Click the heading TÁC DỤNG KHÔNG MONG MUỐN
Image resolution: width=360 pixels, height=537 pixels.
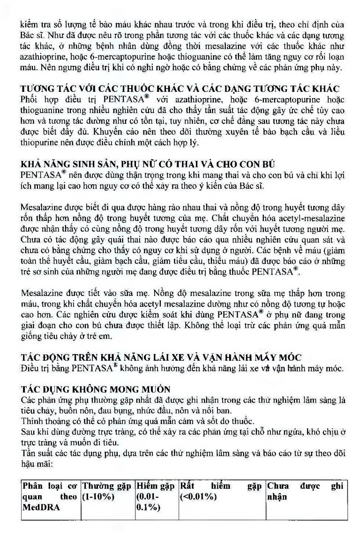(96, 389)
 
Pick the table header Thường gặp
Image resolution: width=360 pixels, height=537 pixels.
(107, 486)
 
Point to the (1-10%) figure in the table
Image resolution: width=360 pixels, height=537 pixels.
(99, 497)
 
